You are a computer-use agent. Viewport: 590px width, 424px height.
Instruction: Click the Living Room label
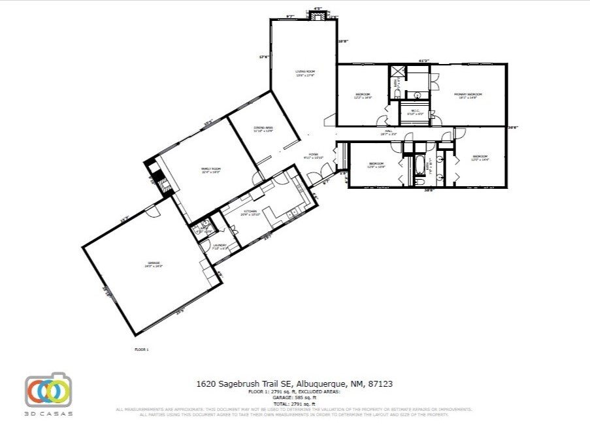coord(305,73)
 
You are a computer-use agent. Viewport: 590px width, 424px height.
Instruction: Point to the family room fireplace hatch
coord(156,176)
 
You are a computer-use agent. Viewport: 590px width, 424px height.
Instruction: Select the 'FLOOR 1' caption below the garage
coord(142,350)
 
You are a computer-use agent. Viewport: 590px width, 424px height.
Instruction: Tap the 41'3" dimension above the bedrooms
coord(423,61)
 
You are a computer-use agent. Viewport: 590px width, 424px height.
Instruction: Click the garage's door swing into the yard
coord(152,210)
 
